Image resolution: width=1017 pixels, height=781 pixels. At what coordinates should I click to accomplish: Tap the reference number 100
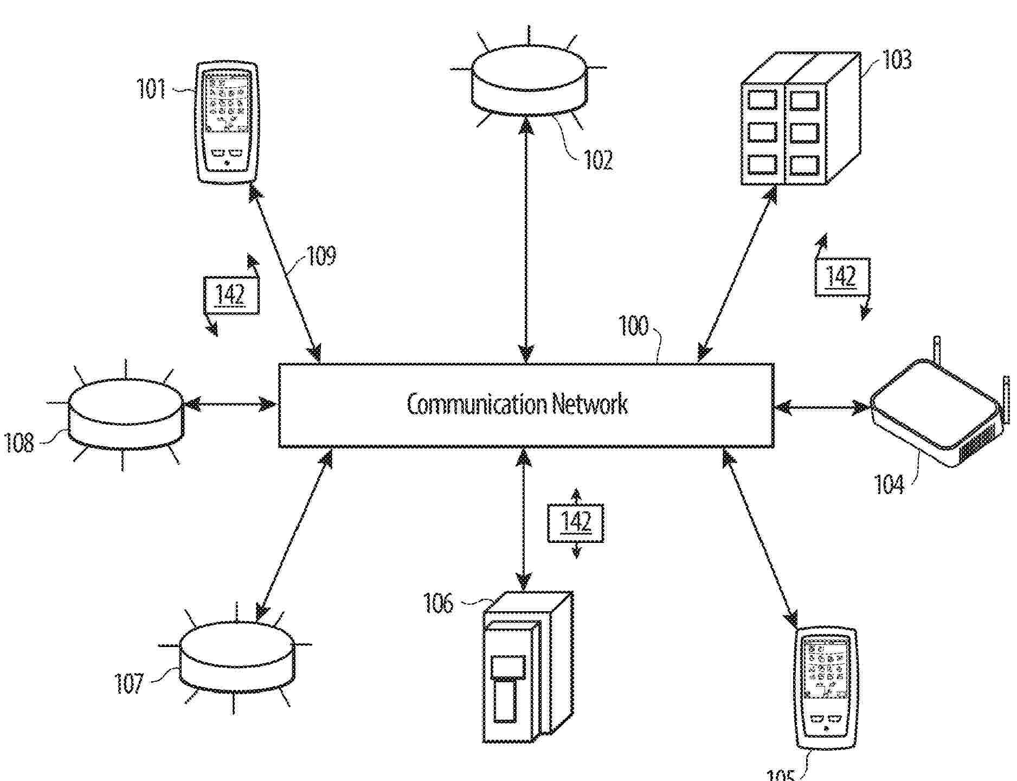(x=633, y=326)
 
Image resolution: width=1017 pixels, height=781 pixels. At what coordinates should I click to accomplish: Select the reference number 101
(x=151, y=88)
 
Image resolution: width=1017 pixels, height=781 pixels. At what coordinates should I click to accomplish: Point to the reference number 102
(x=598, y=160)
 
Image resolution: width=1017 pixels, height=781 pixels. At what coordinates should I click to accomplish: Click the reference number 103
(x=897, y=60)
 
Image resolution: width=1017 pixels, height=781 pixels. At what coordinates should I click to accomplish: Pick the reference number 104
(x=890, y=484)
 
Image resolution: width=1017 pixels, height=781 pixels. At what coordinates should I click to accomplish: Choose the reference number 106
(x=438, y=603)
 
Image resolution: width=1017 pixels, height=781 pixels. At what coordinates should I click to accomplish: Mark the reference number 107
(x=129, y=683)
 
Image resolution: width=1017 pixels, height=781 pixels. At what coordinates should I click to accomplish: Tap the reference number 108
(x=20, y=443)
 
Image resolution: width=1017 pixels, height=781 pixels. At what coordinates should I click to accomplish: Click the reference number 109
(x=321, y=256)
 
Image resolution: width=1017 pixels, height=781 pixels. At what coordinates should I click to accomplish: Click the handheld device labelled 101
(x=227, y=123)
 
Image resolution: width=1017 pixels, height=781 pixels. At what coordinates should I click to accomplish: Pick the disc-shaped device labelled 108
(x=126, y=413)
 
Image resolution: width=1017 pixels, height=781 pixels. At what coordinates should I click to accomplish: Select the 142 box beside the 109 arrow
(x=231, y=295)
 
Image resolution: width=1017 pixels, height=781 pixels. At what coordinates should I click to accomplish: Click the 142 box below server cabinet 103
(x=842, y=277)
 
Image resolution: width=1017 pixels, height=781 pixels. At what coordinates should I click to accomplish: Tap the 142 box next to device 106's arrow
(x=576, y=523)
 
